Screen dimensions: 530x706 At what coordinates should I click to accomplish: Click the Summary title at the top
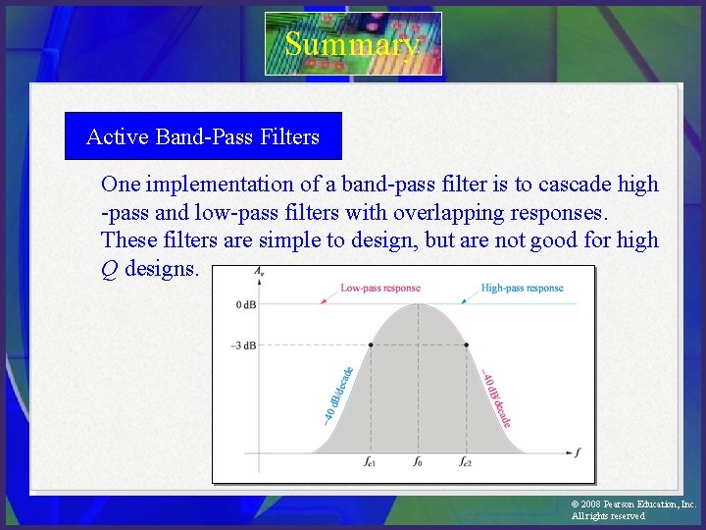(353, 44)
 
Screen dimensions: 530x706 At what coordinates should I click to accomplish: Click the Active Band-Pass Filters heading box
(203, 136)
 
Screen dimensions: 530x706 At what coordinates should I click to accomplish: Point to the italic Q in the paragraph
(110, 269)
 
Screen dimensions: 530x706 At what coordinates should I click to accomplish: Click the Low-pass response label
(379, 289)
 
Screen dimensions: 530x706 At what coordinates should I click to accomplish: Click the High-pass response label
(522, 289)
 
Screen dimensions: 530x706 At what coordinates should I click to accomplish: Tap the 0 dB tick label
(246, 305)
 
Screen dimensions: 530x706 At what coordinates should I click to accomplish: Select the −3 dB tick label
(244, 344)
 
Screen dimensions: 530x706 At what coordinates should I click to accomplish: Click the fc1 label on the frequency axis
(370, 460)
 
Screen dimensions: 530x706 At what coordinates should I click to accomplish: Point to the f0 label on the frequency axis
(418, 460)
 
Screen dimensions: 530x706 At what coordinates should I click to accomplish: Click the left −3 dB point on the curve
(371, 344)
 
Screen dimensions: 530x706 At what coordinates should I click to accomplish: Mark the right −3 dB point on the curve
(466, 344)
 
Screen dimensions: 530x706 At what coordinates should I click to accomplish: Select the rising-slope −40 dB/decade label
(339, 396)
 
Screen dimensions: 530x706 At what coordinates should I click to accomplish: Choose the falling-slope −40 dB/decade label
(496, 397)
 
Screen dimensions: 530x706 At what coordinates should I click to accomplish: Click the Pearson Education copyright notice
(632, 509)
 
